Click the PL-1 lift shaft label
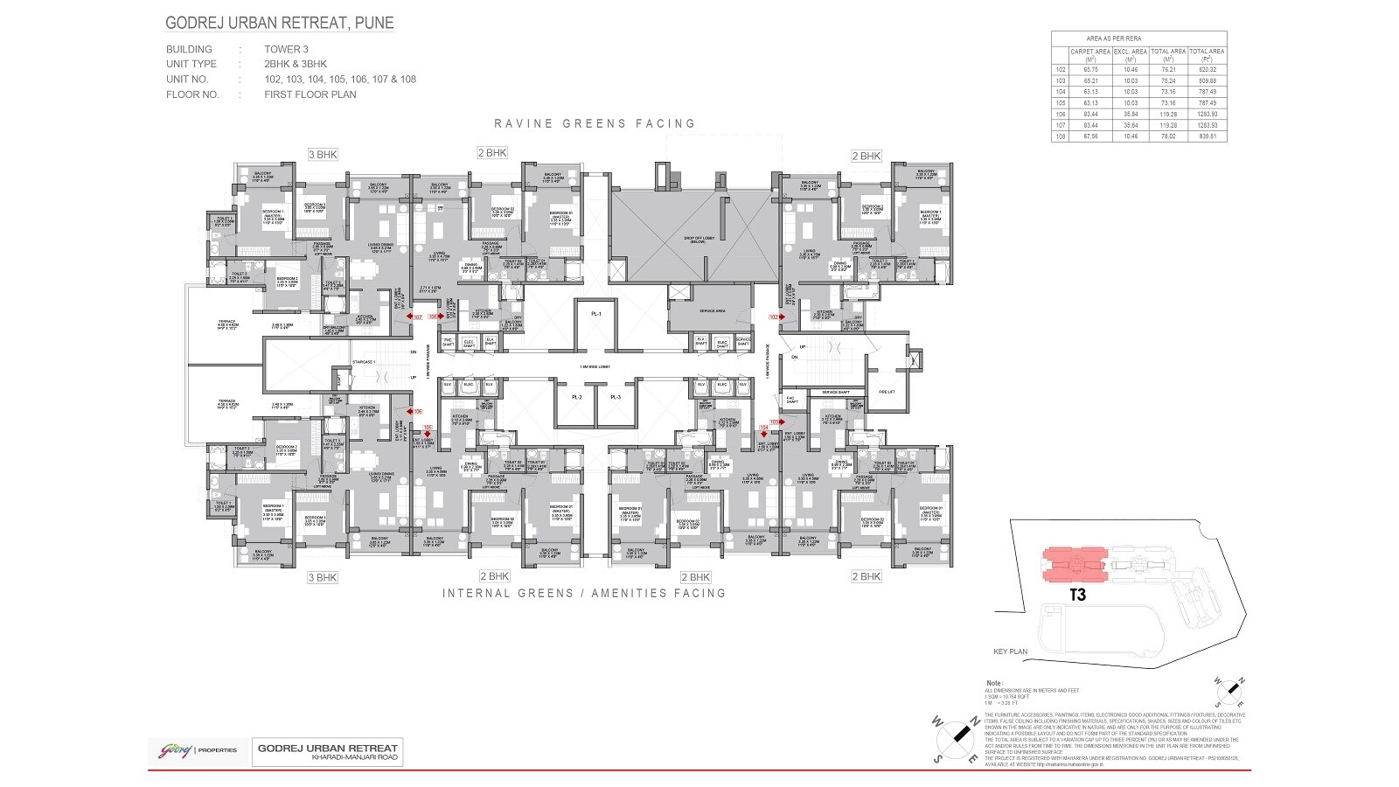596,314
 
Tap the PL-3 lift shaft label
616,398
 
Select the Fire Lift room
887,392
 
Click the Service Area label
713,310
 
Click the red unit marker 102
774,317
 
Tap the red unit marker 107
417,317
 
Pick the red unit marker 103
774,421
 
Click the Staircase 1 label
364,361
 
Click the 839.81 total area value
1207,136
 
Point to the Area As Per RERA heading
1114,38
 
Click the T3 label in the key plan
1077,595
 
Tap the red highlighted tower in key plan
1074,566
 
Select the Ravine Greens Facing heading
595,123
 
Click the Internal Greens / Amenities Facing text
583,593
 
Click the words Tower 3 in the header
286,50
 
